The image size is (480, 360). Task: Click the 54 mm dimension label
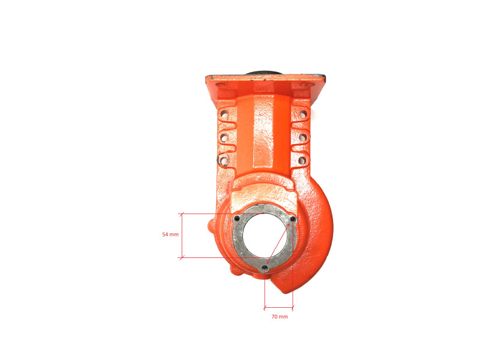click(x=170, y=235)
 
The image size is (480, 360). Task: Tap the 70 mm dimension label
click(x=280, y=317)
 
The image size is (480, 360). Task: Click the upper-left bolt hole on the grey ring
click(x=237, y=218)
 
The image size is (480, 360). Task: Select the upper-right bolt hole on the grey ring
click(x=293, y=219)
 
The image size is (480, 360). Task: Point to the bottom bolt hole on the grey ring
click(x=265, y=268)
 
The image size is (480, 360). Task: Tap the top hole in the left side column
click(x=224, y=115)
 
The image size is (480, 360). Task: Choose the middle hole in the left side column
click(x=224, y=137)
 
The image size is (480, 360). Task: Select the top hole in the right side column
click(x=303, y=115)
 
